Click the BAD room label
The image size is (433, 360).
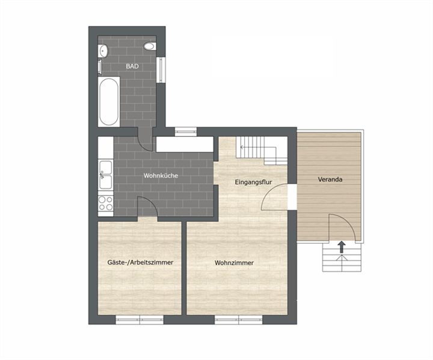(x=132, y=66)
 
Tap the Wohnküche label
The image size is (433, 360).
(x=161, y=176)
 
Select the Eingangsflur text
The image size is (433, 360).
(x=254, y=182)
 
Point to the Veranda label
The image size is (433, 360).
(x=330, y=179)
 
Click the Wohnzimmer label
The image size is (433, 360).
(x=234, y=262)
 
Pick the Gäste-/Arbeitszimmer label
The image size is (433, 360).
(x=140, y=262)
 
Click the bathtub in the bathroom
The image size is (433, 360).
(x=109, y=102)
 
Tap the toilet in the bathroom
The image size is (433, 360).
(x=150, y=46)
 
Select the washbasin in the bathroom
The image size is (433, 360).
(x=103, y=51)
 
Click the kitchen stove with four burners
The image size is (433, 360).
(x=106, y=203)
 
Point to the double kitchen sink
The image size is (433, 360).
(x=106, y=175)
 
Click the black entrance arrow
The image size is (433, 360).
(x=342, y=247)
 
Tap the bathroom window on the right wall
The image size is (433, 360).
(x=161, y=70)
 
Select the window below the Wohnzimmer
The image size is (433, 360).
(x=239, y=319)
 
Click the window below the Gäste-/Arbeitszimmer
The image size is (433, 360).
(x=140, y=319)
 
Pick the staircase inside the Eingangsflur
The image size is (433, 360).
(x=256, y=151)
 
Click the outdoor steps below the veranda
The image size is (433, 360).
(x=342, y=258)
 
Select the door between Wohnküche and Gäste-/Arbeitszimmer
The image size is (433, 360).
(x=147, y=206)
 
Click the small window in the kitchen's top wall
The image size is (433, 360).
(x=186, y=131)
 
